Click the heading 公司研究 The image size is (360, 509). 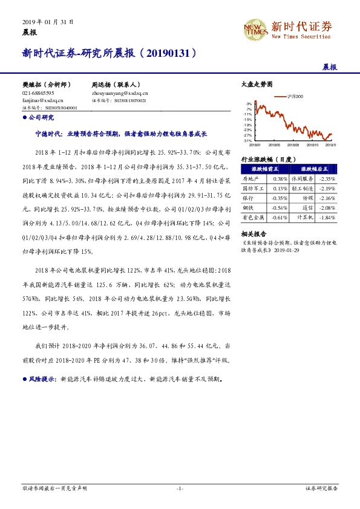pyautogui.click(x=41, y=117)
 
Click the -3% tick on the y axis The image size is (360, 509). pyautogui.click(x=249, y=104)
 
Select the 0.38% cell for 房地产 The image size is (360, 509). pyautogui.click(x=280, y=180)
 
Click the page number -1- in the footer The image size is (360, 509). pyautogui.click(x=180, y=488)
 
